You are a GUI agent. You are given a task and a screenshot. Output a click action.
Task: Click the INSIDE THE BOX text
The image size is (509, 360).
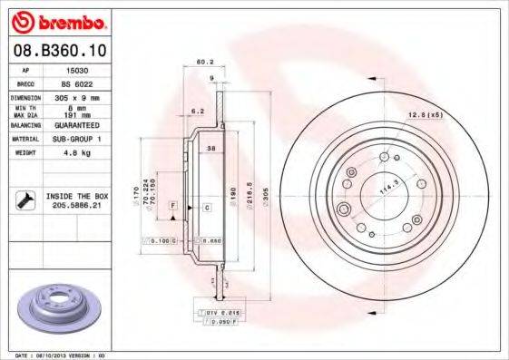pyautogui.click(x=79, y=195)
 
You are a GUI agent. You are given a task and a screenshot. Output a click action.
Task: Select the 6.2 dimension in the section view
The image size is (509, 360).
pyautogui.click(x=197, y=111)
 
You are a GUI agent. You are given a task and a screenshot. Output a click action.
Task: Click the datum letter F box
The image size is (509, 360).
pyautogui.click(x=171, y=208)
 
